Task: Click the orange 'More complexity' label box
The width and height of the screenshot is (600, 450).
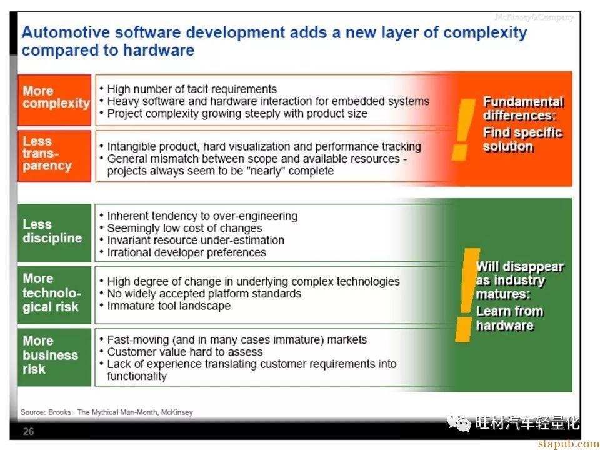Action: [54, 100]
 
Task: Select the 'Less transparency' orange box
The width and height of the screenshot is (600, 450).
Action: [54, 156]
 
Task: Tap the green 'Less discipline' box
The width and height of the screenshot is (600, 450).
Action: [54, 232]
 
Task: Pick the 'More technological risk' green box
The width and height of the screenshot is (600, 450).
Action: [54, 294]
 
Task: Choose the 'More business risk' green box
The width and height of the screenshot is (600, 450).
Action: [54, 357]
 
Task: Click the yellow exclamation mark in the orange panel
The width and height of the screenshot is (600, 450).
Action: [462, 129]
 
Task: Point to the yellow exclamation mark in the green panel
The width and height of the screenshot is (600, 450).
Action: [467, 294]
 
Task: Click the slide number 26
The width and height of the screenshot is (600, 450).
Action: [28, 432]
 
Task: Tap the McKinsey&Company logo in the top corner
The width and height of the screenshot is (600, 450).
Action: [534, 17]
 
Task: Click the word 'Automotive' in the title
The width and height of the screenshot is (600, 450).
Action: [66, 32]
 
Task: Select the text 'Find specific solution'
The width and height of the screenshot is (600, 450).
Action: [522, 139]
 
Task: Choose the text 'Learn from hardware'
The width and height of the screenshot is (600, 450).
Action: [510, 318]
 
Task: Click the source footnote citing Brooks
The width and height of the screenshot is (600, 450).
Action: [107, 412]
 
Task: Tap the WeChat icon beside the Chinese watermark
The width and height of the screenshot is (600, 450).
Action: [459, 423]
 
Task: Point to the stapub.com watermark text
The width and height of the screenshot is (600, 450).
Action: [569, 444]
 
